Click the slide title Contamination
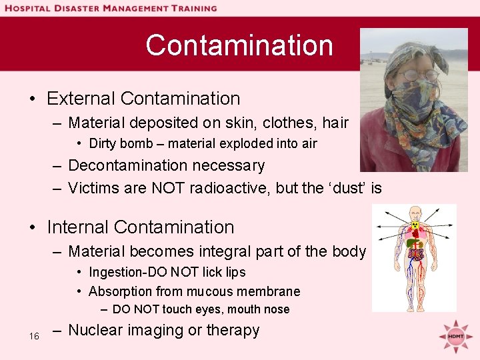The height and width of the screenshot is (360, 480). [239, 45]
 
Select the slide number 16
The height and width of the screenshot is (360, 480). [34, 336]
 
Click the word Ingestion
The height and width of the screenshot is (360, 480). [117, 272]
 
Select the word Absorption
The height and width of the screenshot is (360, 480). [120, 291]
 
